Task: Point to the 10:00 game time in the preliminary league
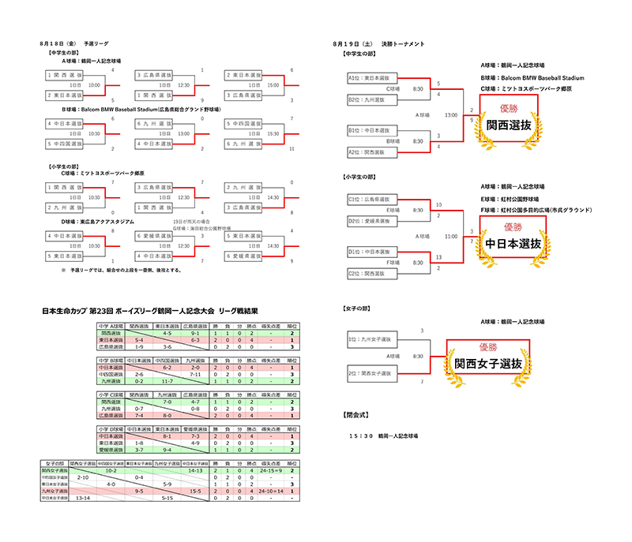pyautogui.click(x=94, y=84)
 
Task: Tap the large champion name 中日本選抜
pyautogui.click(x=513, y=244)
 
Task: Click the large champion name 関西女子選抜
pyautogui.click(x=487, y=364)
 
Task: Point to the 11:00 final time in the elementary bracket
pyautogui.click(x=451, y=236)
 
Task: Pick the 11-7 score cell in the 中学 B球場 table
pyautogui.click(x=167, y=381)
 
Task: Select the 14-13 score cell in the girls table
pyautogui.click(x=196, y=470)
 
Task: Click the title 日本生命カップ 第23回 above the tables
pyautogui.click(x=77, y=311)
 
